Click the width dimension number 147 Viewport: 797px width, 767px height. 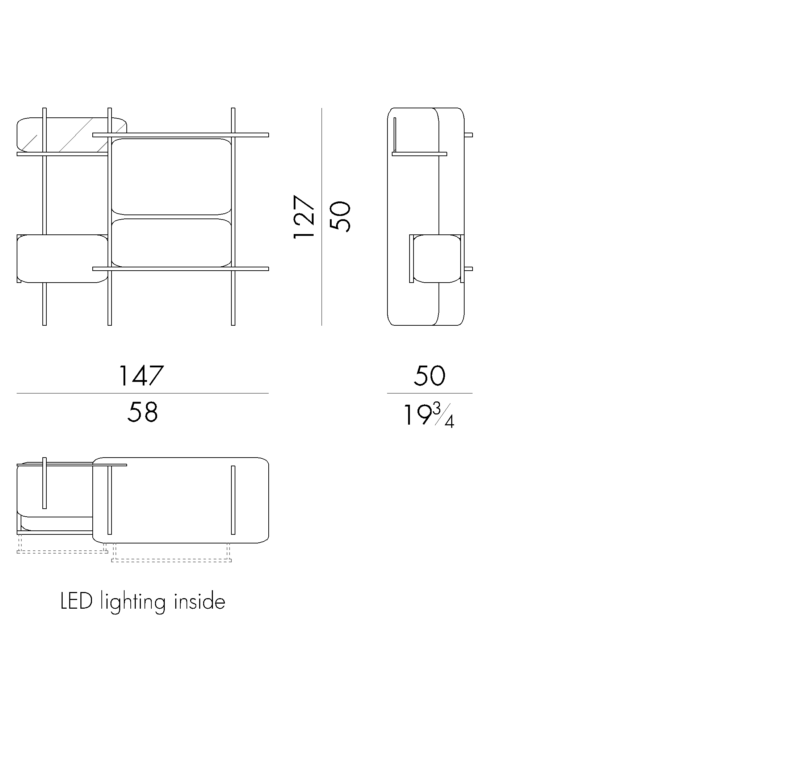point(141,376)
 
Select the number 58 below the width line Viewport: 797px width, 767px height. point(142,412)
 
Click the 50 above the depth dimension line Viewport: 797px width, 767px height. point(429,376)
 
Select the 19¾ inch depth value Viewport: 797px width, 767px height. point(428,414)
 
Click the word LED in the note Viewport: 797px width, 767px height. point(76,601)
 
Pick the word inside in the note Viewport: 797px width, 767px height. point(200,601)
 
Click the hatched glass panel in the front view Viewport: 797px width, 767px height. point(72,135)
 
